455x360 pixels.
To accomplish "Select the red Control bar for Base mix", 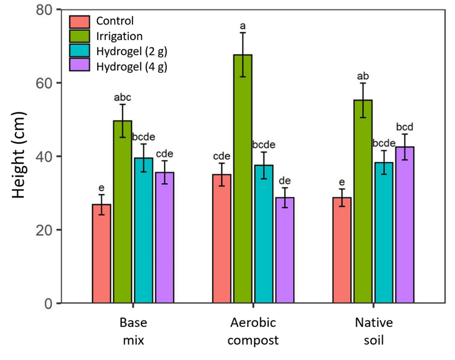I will click(x=102, y=254).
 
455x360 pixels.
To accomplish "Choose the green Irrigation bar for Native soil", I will click(x=363, y=202).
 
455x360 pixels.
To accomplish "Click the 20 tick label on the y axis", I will click(x=43, y=230).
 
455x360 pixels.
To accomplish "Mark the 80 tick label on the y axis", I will click(x=43, y=10).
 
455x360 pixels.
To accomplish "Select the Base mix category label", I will click(x=133, y=332).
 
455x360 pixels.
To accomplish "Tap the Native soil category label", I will click(x=373, y=332).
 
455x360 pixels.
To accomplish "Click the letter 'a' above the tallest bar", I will click(x=242, y=26).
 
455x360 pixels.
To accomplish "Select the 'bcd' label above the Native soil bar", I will click(x=404, y=127).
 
